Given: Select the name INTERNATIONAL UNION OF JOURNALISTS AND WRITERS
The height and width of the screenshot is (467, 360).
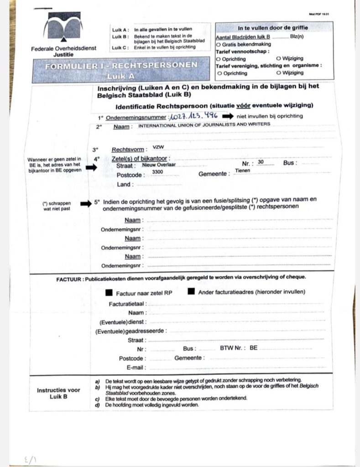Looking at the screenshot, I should point(204,124).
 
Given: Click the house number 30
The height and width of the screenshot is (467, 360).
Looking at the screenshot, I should point(261,162).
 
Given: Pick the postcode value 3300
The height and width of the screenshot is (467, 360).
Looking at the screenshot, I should point(158,171).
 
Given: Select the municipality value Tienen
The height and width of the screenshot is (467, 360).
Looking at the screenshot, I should point(242,170).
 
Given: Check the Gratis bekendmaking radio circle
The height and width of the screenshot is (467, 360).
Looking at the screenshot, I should point(218,45).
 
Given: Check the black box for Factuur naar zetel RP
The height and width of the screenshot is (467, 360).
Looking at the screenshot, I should point(109,292).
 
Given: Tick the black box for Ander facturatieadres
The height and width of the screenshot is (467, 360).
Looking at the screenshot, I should point(191,291).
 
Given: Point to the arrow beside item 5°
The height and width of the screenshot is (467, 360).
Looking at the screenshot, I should point(86,204).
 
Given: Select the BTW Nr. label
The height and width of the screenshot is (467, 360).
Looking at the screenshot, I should point(233,348).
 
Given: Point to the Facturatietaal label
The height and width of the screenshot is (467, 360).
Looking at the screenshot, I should point(128,304).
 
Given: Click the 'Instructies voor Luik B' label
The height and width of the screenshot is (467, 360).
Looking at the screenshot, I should point(58,393).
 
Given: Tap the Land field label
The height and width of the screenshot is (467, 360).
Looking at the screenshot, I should point(125,185).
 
